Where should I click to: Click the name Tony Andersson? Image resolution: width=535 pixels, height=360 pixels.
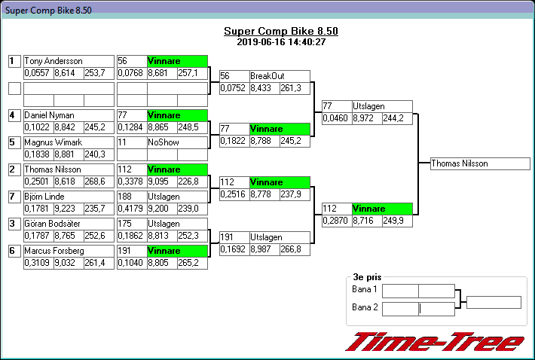click(x=53, y=61)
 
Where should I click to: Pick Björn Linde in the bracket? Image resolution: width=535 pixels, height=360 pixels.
click(x=44, y=197)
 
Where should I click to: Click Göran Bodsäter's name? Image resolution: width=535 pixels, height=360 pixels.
click(x=50, y=224)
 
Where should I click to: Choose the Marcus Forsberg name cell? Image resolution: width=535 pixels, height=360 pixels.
click(x=53, y=251)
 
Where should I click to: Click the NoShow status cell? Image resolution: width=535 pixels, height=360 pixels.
click(x=163, y=142)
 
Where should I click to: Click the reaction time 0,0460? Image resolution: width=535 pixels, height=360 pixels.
click(x=335, y=118)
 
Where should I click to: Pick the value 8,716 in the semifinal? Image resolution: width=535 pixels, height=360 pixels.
click(x=365, y=221)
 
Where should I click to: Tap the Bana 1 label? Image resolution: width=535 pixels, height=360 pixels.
click(x=365, y=290)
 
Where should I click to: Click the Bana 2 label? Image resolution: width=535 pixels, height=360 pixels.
click(x=365, y=307)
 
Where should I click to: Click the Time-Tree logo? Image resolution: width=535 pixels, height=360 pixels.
click(x=434, y=341)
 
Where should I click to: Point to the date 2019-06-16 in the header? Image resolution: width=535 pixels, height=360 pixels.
click(x=258, y=42)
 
